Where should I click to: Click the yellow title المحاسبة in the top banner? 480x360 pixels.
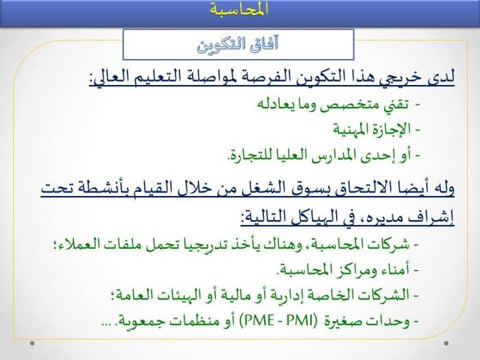(239, 8)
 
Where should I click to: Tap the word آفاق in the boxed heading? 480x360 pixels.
(263, 45)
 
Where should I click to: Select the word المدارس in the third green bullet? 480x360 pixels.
(331, 155)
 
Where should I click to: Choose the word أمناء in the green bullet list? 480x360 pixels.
(394, 270)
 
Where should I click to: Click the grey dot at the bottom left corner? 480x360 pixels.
(32, 343)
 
